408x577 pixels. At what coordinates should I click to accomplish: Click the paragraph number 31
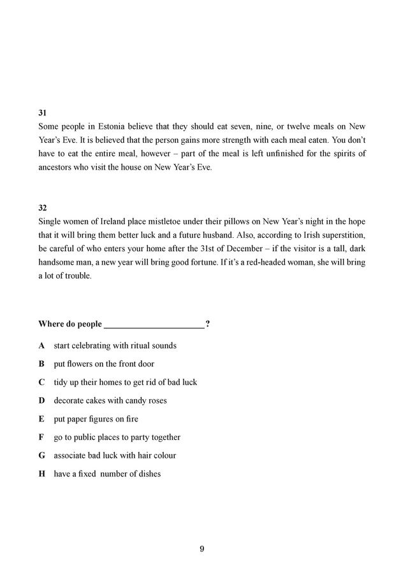click(43, 112)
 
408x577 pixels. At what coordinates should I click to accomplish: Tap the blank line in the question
click(154, 325)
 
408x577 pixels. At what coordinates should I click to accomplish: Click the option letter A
click(42, 346)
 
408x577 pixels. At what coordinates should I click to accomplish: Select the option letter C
click(42, 383)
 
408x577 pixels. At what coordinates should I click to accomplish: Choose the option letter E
click(42, 420)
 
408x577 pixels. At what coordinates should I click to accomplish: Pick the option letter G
click(42, 456)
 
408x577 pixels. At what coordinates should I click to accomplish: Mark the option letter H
click(42, 474)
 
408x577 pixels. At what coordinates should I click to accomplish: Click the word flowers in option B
click(80, 364)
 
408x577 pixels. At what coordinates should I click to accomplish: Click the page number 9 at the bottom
click(202, 550)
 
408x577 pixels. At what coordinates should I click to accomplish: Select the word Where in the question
click(52, 325)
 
